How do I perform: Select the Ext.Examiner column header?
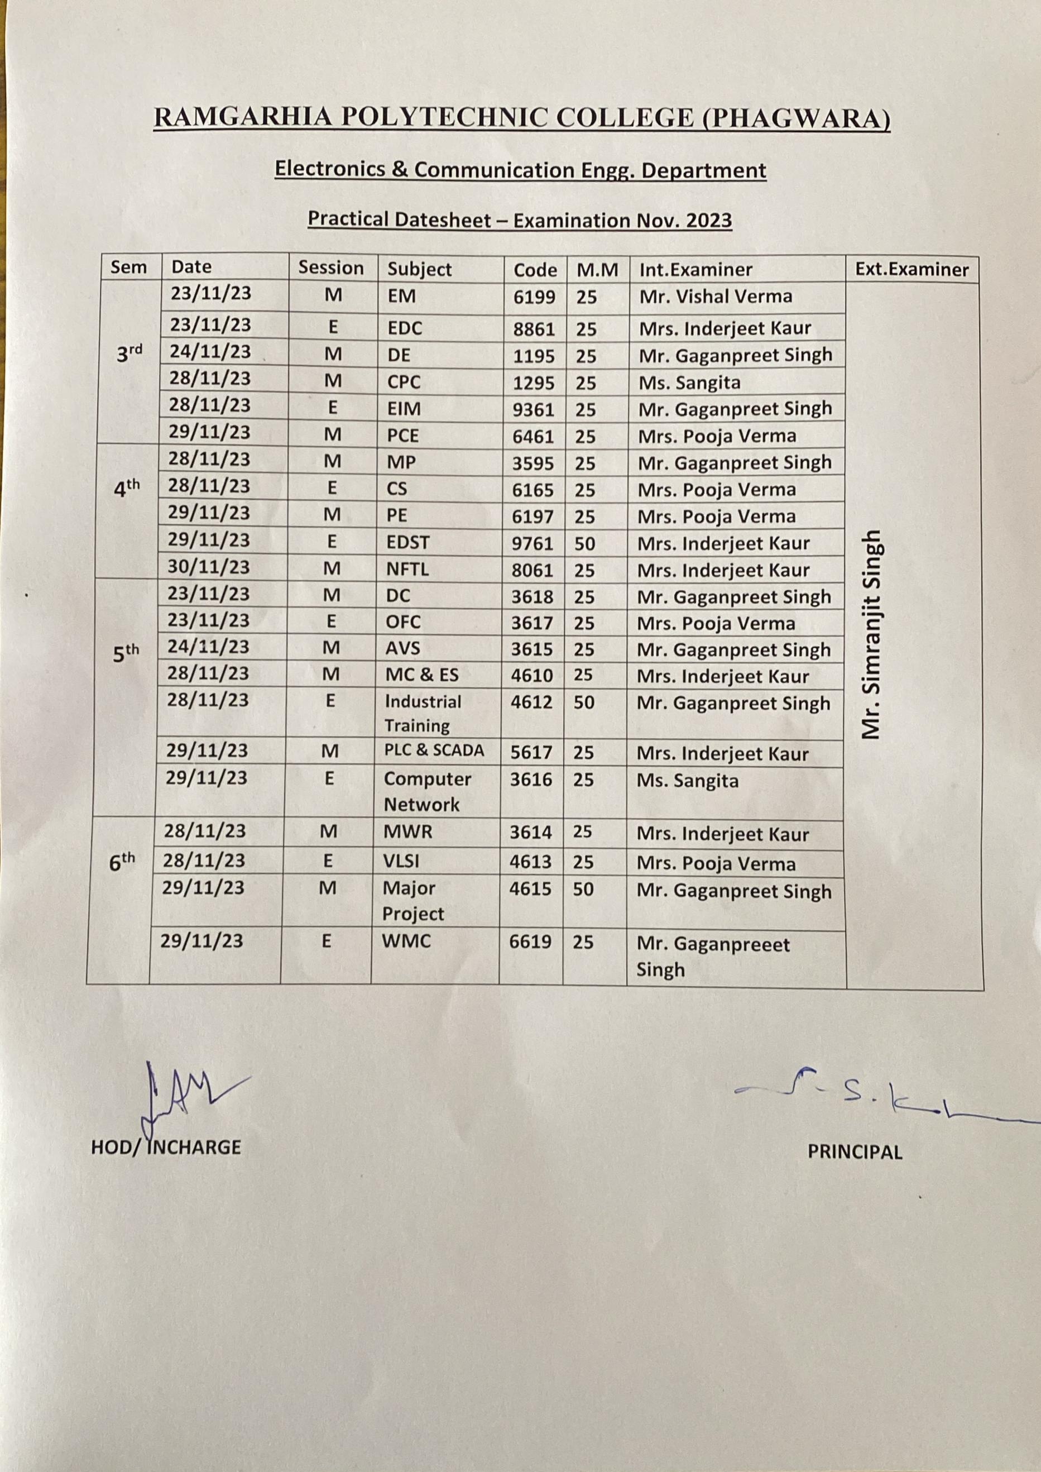(x=912, y=269)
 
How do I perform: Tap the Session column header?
(x=331, y=268)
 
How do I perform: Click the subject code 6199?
(x=534, y=298)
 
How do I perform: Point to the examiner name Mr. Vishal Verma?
(x=716, y=296)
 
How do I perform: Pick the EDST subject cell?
(x=407, y=542)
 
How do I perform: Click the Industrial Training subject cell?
(x=423, y=713)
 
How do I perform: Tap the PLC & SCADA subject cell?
(x=434, y=750)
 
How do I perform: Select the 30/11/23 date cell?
(x=209, y=567)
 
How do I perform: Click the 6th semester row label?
(x=122, y=862)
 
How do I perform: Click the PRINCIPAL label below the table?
(x=855, y=1152)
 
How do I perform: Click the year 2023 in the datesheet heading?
(x=708, y=221)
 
